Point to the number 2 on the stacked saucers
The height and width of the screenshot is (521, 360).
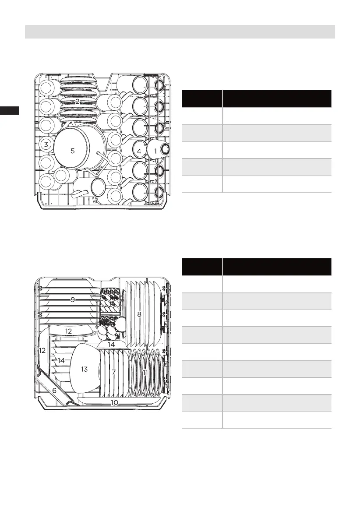click(x=77, y=101)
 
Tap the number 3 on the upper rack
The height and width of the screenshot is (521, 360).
click(x=46, y=144)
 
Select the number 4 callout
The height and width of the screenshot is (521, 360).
click(x=139, y=151)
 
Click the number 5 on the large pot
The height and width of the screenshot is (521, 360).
click(x=73, y=151)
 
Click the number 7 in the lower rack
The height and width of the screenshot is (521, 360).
click(x=113, y=372)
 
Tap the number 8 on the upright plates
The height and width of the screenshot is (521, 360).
click(x=139, y=314)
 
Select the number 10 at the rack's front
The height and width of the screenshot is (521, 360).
click(x=115, y=402)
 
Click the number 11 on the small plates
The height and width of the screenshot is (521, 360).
click(x=145, y=372)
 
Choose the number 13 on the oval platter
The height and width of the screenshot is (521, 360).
click(x=85, y=369)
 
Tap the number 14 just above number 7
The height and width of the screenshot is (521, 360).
click(x=111, y=345)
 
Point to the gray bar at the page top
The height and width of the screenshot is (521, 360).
click(x=180, y=32)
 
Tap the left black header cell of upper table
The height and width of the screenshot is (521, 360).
click(x=201, y=99)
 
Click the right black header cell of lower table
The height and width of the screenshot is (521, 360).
click(x=277, y=266)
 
